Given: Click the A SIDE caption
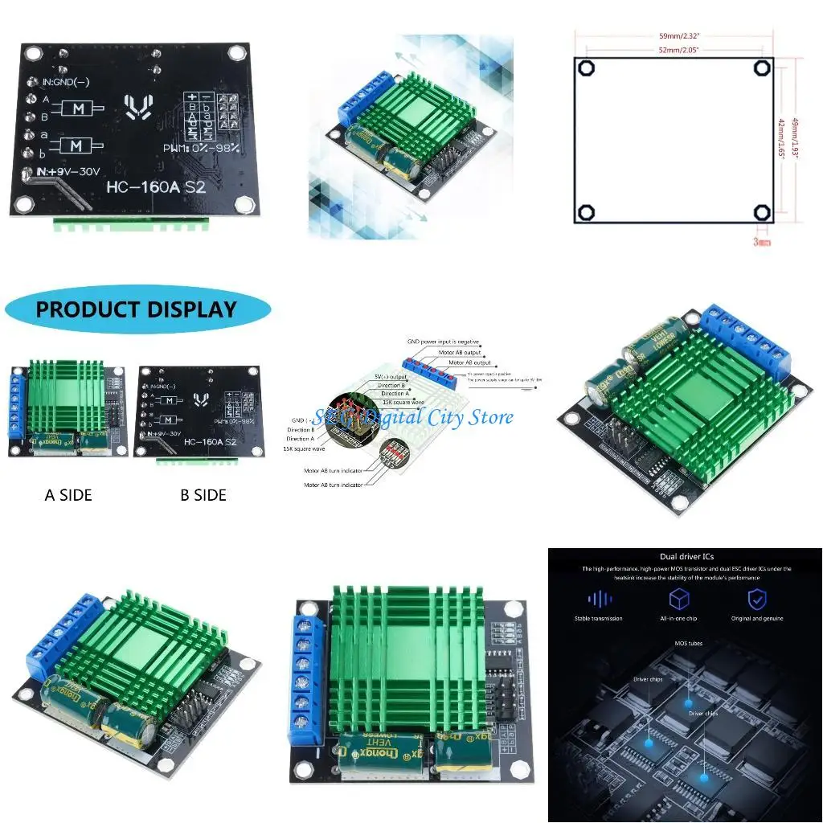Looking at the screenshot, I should tap(68, 495).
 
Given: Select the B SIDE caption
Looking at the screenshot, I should tap(203, 495).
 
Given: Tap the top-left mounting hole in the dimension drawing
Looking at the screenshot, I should tap(588, 68).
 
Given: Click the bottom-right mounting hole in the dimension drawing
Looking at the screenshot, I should tap(762, 212).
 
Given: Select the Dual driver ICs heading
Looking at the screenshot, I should tap(686, 556).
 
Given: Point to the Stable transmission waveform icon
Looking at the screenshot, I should tap(600, 599).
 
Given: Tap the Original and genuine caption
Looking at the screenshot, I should tap(758, 618).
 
